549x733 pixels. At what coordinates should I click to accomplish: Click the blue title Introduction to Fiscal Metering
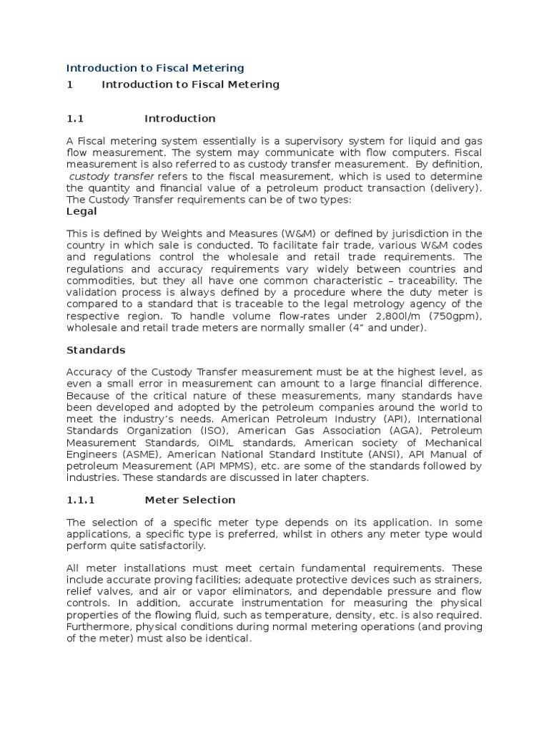pyautogui.click(x=155, y=68)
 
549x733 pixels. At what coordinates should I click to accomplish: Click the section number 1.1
pyautogui.click(x=75, y=118)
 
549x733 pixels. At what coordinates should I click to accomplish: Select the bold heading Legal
pyautogui.click(x=81, y=212)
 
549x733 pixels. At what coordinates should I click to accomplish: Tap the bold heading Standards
pyautogui.click(x=96, y=350)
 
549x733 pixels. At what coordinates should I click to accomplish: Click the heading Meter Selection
pyautogui.click(x=189, y=500)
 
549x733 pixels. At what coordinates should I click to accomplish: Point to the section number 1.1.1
pyautogui.click(x=80, y=500)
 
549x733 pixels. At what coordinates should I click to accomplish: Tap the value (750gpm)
pyautogui.click(x=454, y=317)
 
